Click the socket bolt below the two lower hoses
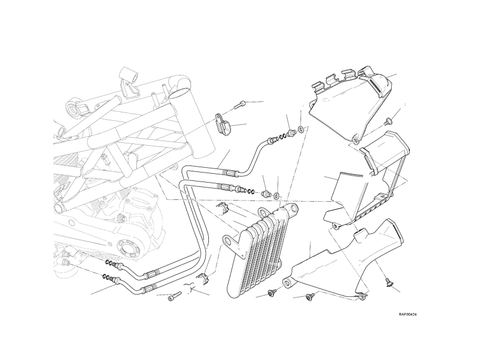pos(174,296)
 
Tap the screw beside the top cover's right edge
pos(388,118)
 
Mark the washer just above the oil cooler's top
pos(277,195)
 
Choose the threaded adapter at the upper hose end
pos(291,131)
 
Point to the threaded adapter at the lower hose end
pos(267,194)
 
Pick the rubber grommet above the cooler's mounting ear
pos(224,209)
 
